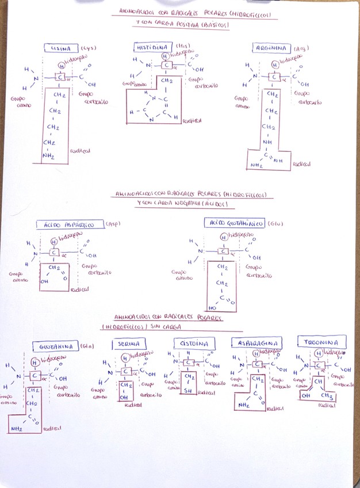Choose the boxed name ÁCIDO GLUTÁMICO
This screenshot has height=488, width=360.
point(233,222)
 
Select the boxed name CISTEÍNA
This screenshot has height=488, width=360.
point(194,344)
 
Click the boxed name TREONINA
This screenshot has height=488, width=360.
point(321,342)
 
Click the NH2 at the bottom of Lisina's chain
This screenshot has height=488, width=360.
point(48,155)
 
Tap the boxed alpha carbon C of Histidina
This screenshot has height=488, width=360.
point(166,64)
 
